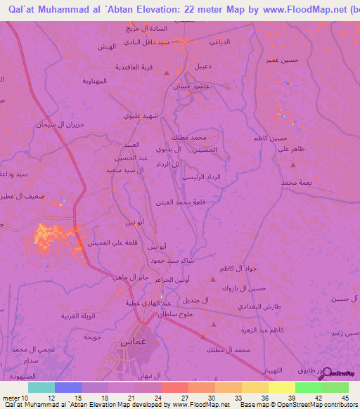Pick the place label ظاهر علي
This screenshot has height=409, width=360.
291,149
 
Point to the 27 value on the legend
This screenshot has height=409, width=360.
174,398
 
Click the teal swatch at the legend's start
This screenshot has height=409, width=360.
41,387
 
